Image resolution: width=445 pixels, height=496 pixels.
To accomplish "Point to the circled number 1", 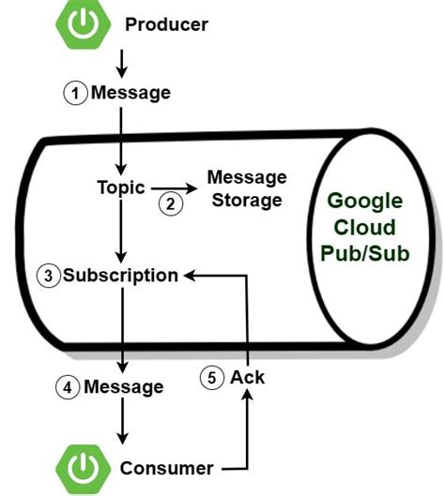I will pyautogui.click(x=75, y=93).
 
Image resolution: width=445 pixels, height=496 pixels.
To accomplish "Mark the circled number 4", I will pyautogui.click(x=68, y=386).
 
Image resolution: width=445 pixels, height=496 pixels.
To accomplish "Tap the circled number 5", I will pyautogui.click(x=213, y=378).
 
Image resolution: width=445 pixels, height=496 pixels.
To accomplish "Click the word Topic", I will pyautogui.click(x=121, y=187).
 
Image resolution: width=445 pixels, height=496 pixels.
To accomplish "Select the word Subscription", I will pyautogui.click(x=120, y=276).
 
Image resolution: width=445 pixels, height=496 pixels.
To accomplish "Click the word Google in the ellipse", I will pyautogui.click(x=364, y=202).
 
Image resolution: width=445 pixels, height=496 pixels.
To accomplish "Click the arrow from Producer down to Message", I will pyautogui.click(x=121, y=61).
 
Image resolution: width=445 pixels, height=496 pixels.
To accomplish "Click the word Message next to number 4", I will pyautogui.click(x=123, y=386).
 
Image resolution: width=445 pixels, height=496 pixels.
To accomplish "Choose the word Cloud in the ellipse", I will pyautogui.click(x=364, y=228).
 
